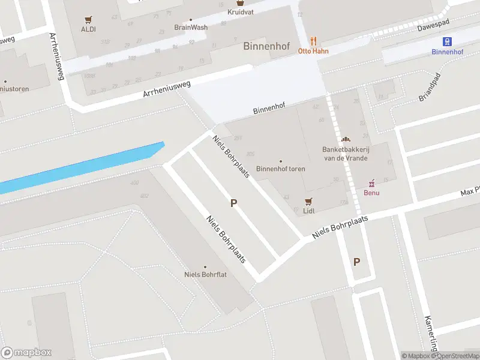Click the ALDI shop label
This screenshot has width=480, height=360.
(x=88, y=29)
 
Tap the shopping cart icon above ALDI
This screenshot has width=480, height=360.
(x=88, y=19)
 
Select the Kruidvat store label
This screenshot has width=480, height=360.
(x=240, y=12)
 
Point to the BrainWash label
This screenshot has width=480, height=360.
(x=191, y=28)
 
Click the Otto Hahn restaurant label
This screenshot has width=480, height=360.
(x=313, y=51)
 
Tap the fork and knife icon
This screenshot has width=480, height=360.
(x=313, y=41)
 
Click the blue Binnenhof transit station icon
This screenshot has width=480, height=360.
(x=447, y=41)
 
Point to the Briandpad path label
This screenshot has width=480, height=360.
(x=429, y=88)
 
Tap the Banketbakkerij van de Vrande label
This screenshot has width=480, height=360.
(x=345, y=154)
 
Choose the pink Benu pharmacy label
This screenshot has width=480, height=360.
(x=371, y=193)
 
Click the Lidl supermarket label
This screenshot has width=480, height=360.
(x=309, y=211)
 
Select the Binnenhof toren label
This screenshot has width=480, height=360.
(x=281, y=169)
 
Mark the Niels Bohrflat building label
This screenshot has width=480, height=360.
(x=205, y=275)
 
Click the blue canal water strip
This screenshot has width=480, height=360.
(x=84, y=167)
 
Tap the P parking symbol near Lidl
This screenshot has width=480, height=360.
(x=233, y=203)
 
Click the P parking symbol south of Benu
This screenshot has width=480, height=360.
(x=356, y=262)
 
